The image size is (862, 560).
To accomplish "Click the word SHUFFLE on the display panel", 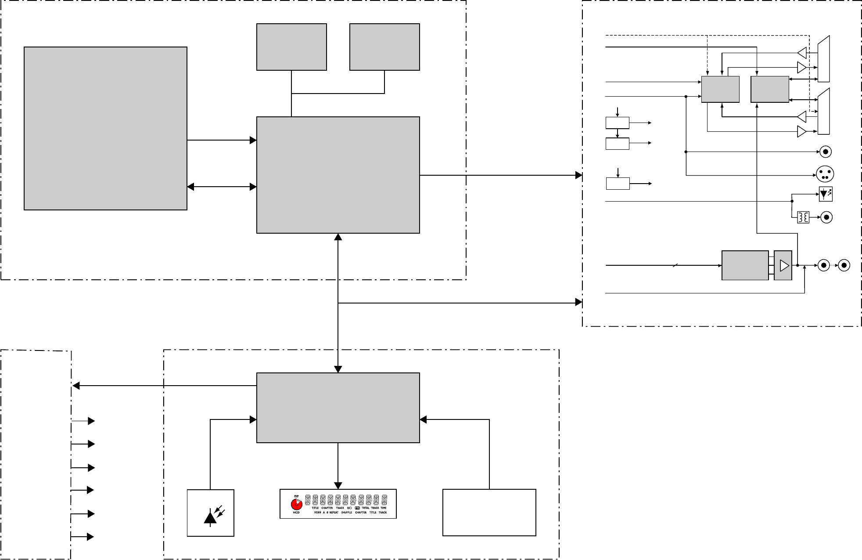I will [347, 513].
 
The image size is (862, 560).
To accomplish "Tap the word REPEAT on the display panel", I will [334, 513].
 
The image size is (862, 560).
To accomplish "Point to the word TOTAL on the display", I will [366, 508].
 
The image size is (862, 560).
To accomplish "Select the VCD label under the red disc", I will [296, 513].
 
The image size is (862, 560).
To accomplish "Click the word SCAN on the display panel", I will [317, 513].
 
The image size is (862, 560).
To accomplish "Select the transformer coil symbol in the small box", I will [803, 217].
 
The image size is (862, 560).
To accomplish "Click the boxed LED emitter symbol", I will [826, 194].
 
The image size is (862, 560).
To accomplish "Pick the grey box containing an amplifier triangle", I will [783, 265].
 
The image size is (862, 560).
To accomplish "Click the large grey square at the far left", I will [105, 128].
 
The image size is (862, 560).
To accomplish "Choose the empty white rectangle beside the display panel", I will [489, 513].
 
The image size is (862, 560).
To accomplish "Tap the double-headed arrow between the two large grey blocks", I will [222, 187].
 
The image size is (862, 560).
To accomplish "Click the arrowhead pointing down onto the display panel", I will [338, 485].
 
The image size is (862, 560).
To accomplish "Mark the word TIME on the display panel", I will [384, 508].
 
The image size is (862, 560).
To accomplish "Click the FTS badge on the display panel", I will [357, 508].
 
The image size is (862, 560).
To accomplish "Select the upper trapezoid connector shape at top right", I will [824, 58].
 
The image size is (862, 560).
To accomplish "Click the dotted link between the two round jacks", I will [834, 265].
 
